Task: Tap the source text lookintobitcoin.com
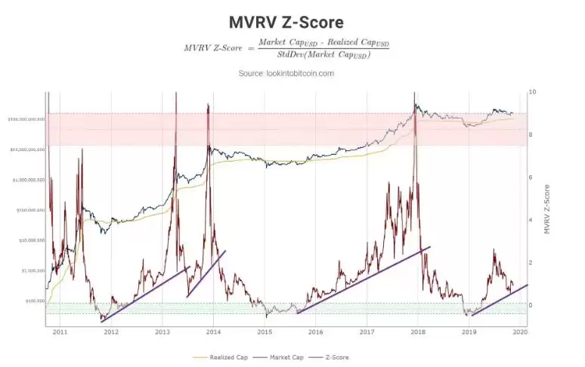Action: (x=286, y=73)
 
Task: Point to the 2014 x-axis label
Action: (x=214, y=331)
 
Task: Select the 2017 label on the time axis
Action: (x=368, y=331)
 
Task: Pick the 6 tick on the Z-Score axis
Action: (x=533, y=177)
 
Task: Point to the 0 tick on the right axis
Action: (x=533, y=305)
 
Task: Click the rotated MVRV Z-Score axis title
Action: (x=547, y=208)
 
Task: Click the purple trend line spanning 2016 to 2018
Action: (x=363, y=280)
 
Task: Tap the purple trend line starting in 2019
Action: (x=499, y=300)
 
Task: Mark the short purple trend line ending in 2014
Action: (x=206, y=273)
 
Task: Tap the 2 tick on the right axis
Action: (x=533, y=263)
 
